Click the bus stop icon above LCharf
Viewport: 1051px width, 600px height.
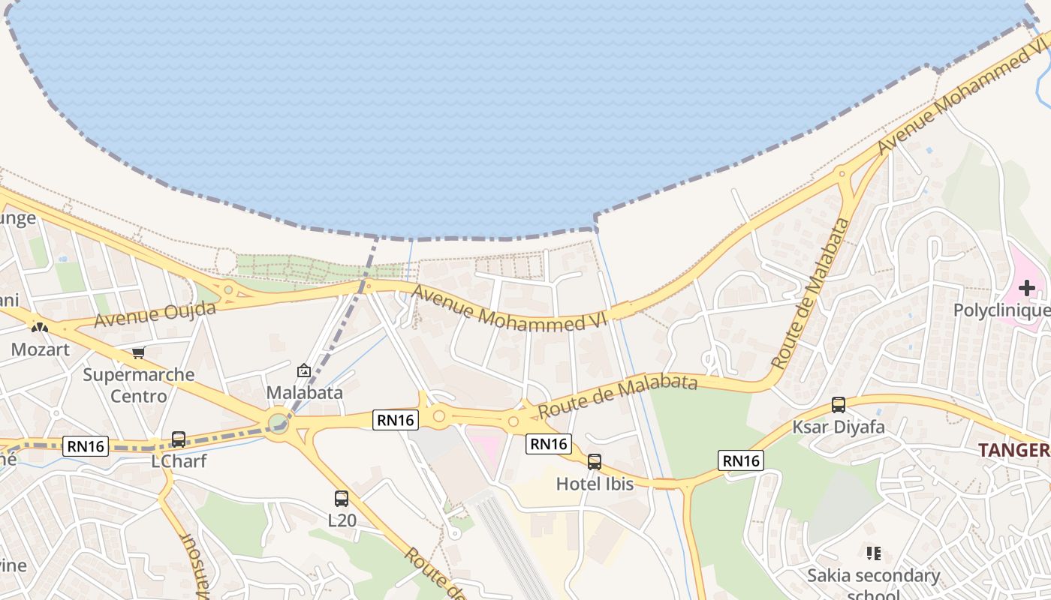point(179,439)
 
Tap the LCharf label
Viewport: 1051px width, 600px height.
point(179,461)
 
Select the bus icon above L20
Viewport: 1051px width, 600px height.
point(342,498)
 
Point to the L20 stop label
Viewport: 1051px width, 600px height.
point(342,519)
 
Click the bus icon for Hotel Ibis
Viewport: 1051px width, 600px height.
point(595,462)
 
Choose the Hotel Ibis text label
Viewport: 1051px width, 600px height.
point(595,484)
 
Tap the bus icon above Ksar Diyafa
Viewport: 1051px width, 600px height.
point(839,405)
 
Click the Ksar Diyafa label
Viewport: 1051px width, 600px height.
point(839,427)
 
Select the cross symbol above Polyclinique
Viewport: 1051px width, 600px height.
point(1026,288)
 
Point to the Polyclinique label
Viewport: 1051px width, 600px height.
point(1001,310)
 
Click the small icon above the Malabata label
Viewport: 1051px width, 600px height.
point(304,370)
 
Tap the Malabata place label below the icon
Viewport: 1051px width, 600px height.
point(304,392)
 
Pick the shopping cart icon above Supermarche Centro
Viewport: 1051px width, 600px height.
point(138,352)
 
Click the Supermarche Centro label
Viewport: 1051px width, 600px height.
point(139,385)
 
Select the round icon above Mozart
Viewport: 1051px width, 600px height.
point(39,328)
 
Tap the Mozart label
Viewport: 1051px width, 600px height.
point(40,349)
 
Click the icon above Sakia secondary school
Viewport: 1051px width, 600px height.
point(873,553)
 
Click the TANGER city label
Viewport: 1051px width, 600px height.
point(1013,450)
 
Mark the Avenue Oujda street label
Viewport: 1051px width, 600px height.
point(155,313)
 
